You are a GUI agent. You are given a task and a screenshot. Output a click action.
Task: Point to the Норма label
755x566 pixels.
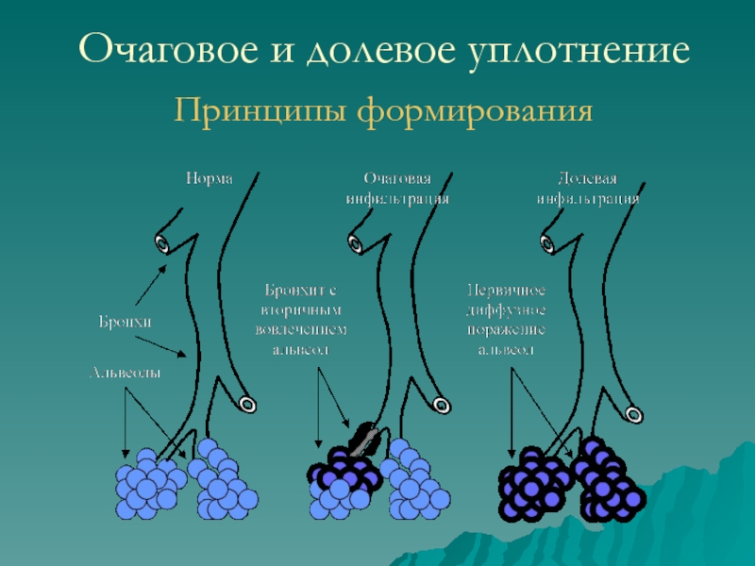point(209,177)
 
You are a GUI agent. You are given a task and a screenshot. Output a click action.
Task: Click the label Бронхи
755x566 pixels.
point(126,323)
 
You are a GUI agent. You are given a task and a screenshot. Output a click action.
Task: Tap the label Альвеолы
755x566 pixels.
point(125,373)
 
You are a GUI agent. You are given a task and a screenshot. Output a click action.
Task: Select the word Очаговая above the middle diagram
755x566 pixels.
point(396,177)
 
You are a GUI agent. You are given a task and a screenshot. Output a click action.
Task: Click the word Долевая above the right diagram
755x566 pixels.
point(587,177)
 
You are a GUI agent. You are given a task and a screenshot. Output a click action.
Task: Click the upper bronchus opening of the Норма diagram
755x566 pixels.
point(163,244)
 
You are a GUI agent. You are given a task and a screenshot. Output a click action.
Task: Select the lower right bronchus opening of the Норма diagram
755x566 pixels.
point(247,405)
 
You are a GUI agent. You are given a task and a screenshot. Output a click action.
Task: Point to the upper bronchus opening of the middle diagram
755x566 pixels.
point(355,244)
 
